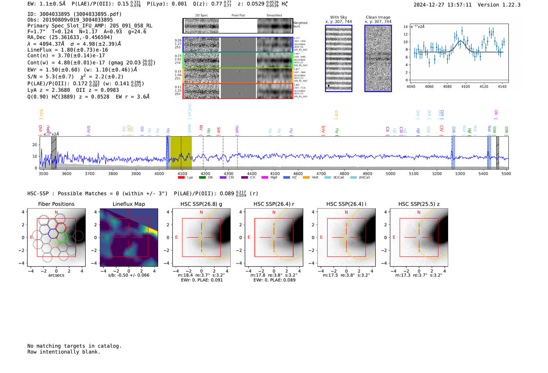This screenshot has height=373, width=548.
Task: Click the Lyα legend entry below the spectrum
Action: coord(190,178)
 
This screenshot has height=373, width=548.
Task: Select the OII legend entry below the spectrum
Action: coord(210,178)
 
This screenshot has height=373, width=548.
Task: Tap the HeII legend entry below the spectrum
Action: coord(315,178)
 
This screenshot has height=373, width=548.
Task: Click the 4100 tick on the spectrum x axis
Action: coord(182,174)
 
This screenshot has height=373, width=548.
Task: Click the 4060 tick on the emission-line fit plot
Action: coord(429,86)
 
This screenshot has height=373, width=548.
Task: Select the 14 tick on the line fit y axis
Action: coord(406,27)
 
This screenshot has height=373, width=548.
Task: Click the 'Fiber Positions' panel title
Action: coord(56,204)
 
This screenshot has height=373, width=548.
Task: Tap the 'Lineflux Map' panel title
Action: coord(129,204)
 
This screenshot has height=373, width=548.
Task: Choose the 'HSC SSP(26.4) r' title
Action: coord(274,204)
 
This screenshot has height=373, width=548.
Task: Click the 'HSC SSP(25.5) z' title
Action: coord(419,204)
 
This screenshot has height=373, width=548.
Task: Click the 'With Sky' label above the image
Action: coord(339,17)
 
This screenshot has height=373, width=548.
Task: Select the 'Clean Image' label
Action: coord(378,17)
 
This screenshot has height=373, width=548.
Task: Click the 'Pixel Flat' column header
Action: coord(238,16)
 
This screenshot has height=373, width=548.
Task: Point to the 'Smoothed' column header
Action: coord(274,16)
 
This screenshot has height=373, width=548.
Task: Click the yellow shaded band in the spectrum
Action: coord(181,153)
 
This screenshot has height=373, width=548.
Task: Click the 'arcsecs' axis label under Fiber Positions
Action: coord(56,275)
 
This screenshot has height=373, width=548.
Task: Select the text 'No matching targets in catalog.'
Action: coord(74,346)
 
